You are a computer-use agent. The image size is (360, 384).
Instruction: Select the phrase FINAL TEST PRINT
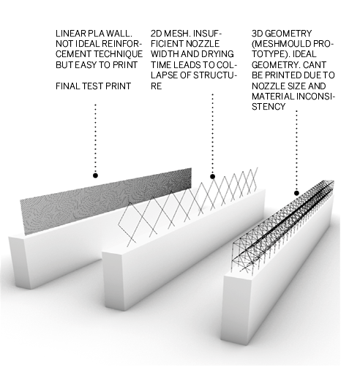(94, 86)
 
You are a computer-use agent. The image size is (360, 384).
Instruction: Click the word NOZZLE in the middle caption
(203, 44)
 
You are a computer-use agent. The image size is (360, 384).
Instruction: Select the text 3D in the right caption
(257, 34)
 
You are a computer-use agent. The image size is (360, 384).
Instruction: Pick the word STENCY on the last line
(269, 107)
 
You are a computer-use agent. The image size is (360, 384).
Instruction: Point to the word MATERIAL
(273, 97)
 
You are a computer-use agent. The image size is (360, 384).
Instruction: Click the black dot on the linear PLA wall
(95, 176)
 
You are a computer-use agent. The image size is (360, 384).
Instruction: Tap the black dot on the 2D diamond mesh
(212, 176)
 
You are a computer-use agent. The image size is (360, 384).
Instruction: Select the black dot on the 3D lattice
(296, 193)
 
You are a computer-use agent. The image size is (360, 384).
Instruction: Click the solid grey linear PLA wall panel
(105, 201)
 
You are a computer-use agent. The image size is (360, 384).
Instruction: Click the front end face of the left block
(20, 263)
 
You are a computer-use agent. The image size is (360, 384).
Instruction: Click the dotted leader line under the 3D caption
(296, 149)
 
